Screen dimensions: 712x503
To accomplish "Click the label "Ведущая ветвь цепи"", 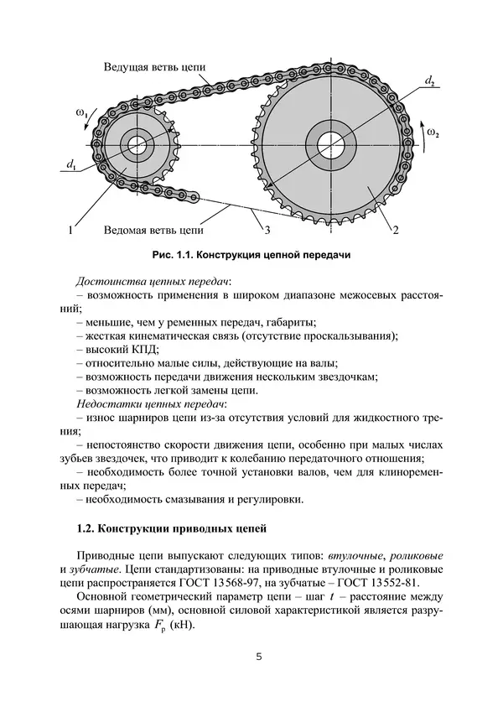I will [x=155, y=66].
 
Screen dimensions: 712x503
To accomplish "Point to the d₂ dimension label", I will [x=429, y=81].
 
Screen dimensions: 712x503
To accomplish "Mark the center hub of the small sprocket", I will [x=136, y=143].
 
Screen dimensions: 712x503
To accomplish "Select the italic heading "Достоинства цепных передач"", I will [x=154, y=280].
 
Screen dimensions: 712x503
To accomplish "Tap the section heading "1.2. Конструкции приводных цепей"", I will [x=170, y=530].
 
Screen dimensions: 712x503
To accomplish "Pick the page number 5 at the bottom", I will [x=259, y=657].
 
